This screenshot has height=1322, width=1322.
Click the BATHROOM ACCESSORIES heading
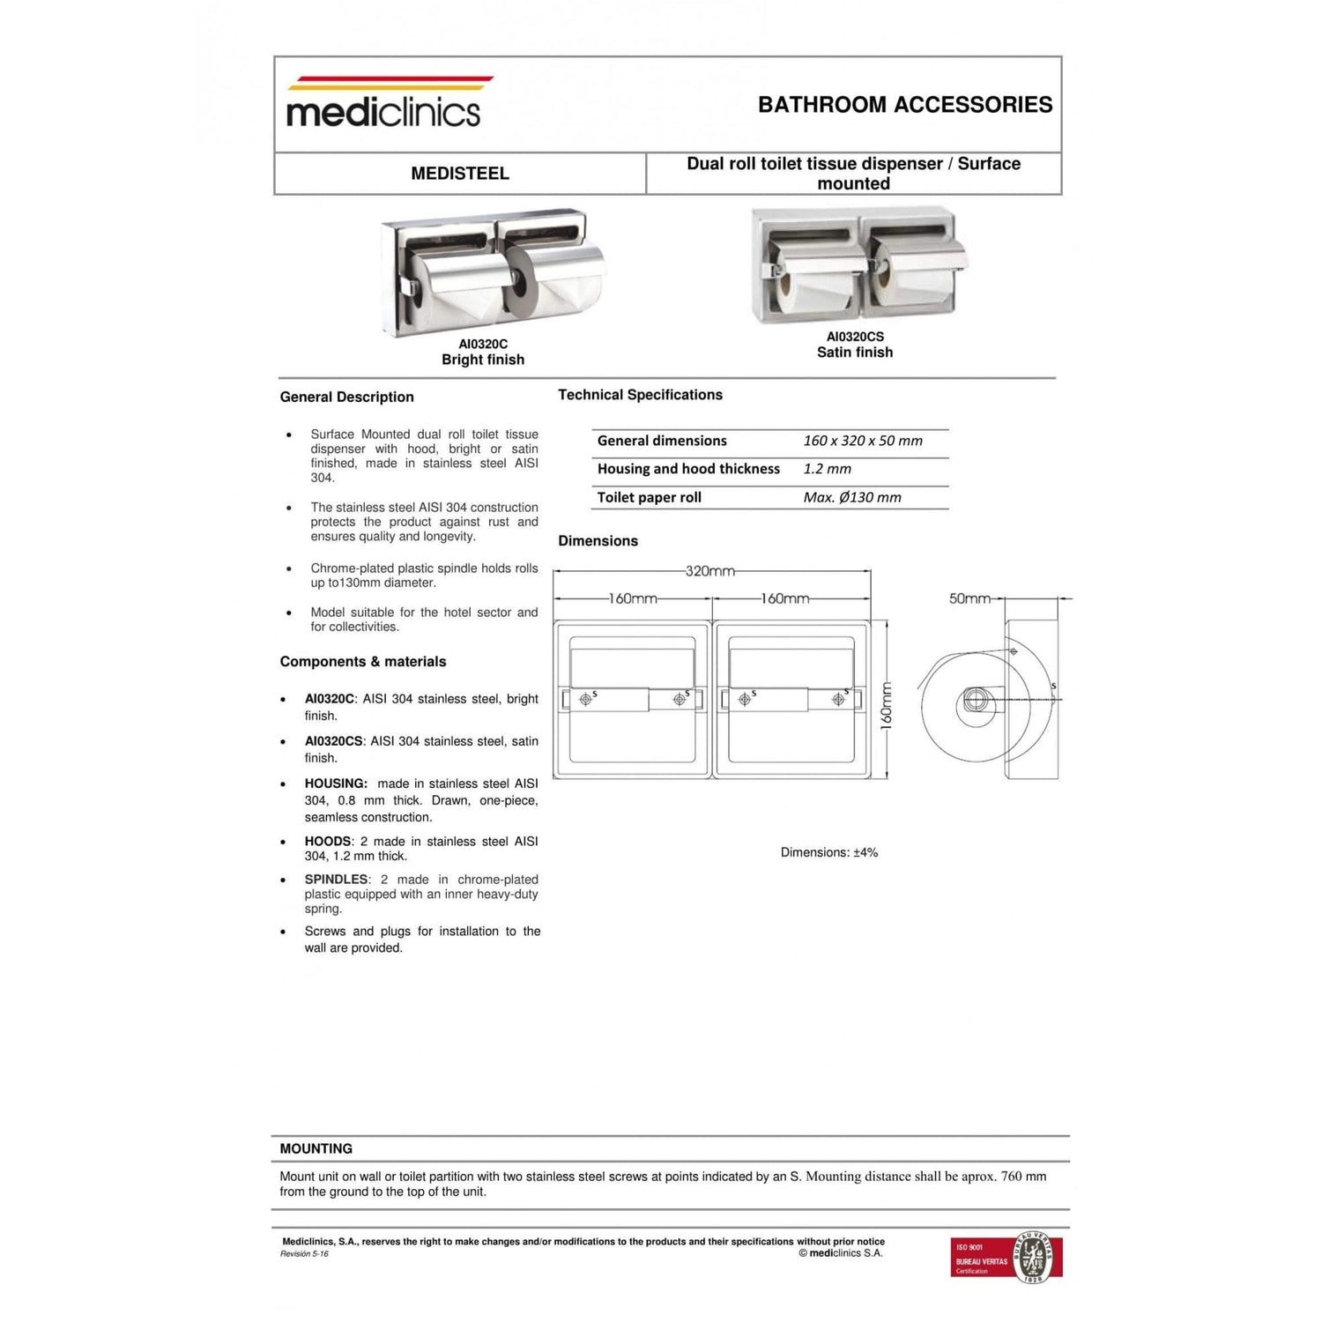coord(904,105)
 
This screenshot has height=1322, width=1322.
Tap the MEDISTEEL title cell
coord(460,174)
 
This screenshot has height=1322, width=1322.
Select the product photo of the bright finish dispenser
coord(494,271)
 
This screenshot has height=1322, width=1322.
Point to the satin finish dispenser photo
coord(858,265)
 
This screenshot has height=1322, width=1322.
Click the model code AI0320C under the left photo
coord(483,344)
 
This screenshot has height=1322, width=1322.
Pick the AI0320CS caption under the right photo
coord(855,337)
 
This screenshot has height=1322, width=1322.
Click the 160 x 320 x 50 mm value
coord(862,441)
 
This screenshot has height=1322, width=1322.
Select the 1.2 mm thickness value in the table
coord(827,469)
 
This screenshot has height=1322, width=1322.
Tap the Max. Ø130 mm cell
coord(851,497)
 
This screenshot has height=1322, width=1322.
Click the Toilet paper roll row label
coord(650,497)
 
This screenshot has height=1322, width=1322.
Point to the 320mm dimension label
coord(710,571)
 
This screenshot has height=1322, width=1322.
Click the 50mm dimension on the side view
coord(969,598)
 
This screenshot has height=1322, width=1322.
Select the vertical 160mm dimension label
coord(887,704)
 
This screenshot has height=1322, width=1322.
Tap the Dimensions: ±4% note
coord(828,852)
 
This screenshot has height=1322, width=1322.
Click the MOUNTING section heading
coord(316,1148)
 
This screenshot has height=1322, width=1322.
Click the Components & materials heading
coord(363,662)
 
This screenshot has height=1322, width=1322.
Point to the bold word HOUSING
coord(336,784)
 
